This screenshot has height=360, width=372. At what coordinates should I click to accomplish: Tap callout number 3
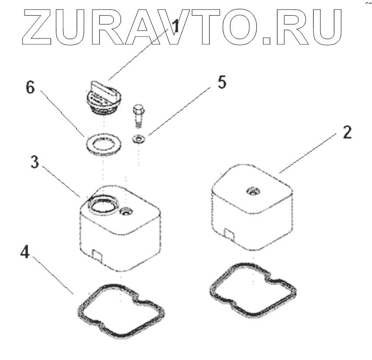tap(34, 162)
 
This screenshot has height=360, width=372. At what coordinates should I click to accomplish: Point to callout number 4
tap(25, 253)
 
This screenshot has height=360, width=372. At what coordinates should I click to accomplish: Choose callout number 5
tap(222, 84)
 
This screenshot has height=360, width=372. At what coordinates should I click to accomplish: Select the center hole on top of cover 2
tap(253, 191)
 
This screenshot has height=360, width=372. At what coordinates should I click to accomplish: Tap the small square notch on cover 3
tap(97, 254)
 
